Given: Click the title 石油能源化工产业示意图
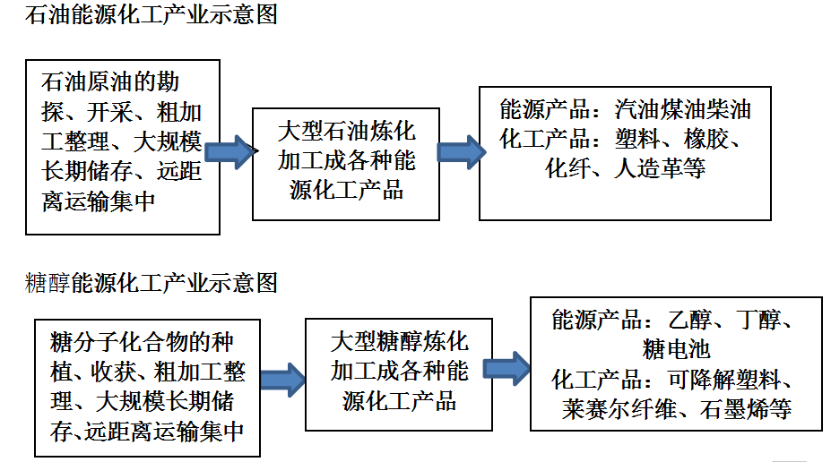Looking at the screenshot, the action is [x=151, y=15].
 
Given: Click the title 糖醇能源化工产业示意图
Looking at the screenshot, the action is [x=151, y=283].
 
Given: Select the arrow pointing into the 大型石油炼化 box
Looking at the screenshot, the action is [x=229, y=152].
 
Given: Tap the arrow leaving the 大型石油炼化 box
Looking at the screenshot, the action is [x=461, y=152].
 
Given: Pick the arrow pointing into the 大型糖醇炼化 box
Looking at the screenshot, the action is [x=283, y=380].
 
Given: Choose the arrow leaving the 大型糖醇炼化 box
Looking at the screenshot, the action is [x=506, y=368].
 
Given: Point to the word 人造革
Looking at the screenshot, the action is [x=647, y=169].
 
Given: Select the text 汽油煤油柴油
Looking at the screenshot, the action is [x=682, y=109].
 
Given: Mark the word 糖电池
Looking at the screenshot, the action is [x=676, y=349].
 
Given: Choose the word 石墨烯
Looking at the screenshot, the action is [x=734, y=409].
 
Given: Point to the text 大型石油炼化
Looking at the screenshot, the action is [x=346, y=131].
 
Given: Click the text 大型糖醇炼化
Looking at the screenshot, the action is [x=399, y=341].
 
